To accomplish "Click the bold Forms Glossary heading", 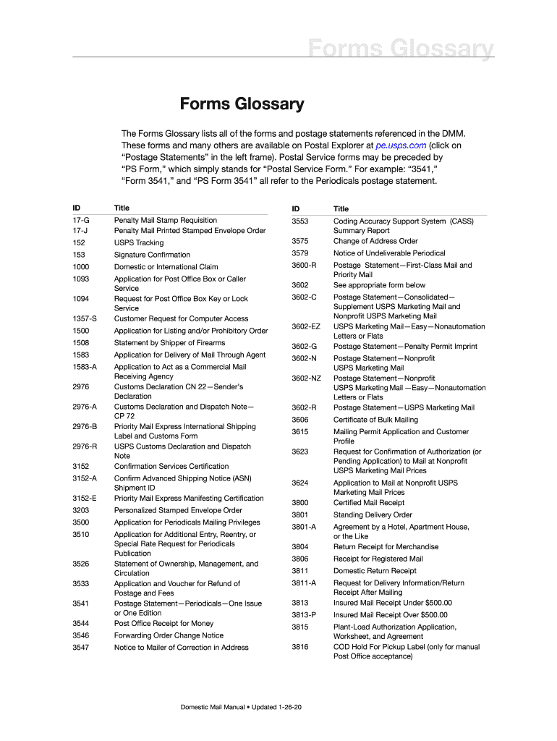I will (x=242, y=104).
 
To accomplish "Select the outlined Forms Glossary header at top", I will (x=401, y=49).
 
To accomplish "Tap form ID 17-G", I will (x=81, y=220).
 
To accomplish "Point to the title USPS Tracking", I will (x=139, y=243).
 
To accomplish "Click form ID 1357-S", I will (x=85, y=318).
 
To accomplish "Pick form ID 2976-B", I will (x=85, y=427).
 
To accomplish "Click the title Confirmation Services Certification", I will (x=171, y=467).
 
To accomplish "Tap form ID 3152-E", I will (x=85, y=499).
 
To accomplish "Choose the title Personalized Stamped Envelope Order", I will (x=178, y=510).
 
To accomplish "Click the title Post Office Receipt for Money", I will (x=163, y=624).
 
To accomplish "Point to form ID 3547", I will (x=81, y=648).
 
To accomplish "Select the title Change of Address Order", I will (x=375, y=241).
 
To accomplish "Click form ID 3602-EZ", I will (x=306, y=327).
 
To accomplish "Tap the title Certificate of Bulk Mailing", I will (x=375, y=420).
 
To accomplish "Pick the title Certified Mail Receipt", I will (x=369, y=503).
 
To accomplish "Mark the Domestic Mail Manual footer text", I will (x=241, y=706).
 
